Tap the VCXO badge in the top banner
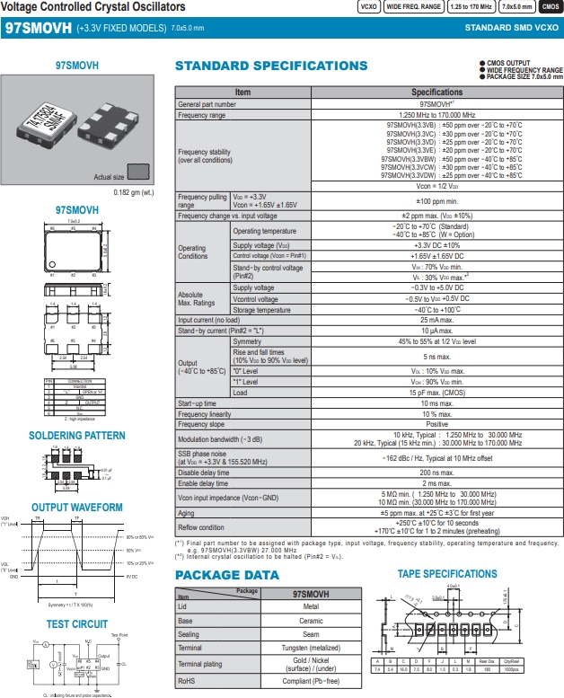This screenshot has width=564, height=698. point(368,6)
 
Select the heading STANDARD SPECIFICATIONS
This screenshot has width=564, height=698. point(270,66)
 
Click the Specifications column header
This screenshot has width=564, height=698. point(437,93)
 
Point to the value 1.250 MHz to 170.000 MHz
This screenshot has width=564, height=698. point(437,115)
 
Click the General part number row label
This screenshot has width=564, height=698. point(207,104)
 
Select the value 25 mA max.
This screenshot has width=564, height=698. point(437,320)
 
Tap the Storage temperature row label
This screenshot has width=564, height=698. point(261,310)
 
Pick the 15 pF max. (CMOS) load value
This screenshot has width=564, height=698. point(437,393)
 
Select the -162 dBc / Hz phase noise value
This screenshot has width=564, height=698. point(437,457)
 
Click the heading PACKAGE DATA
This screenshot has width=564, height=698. point(226,575)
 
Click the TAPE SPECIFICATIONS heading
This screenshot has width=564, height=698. point(447,574)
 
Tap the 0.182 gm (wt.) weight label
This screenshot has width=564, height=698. point(134,192)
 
